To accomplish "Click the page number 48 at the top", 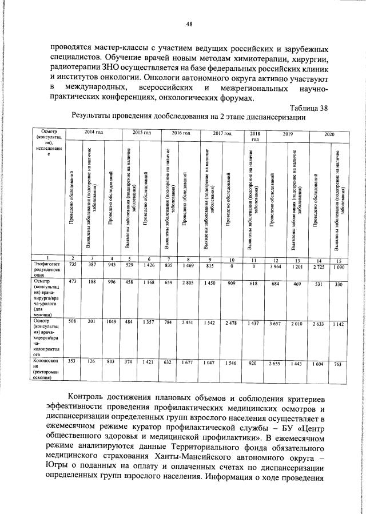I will pos(189,23).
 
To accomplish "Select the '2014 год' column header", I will pos(93,133).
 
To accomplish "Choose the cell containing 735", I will pos(73,264).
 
